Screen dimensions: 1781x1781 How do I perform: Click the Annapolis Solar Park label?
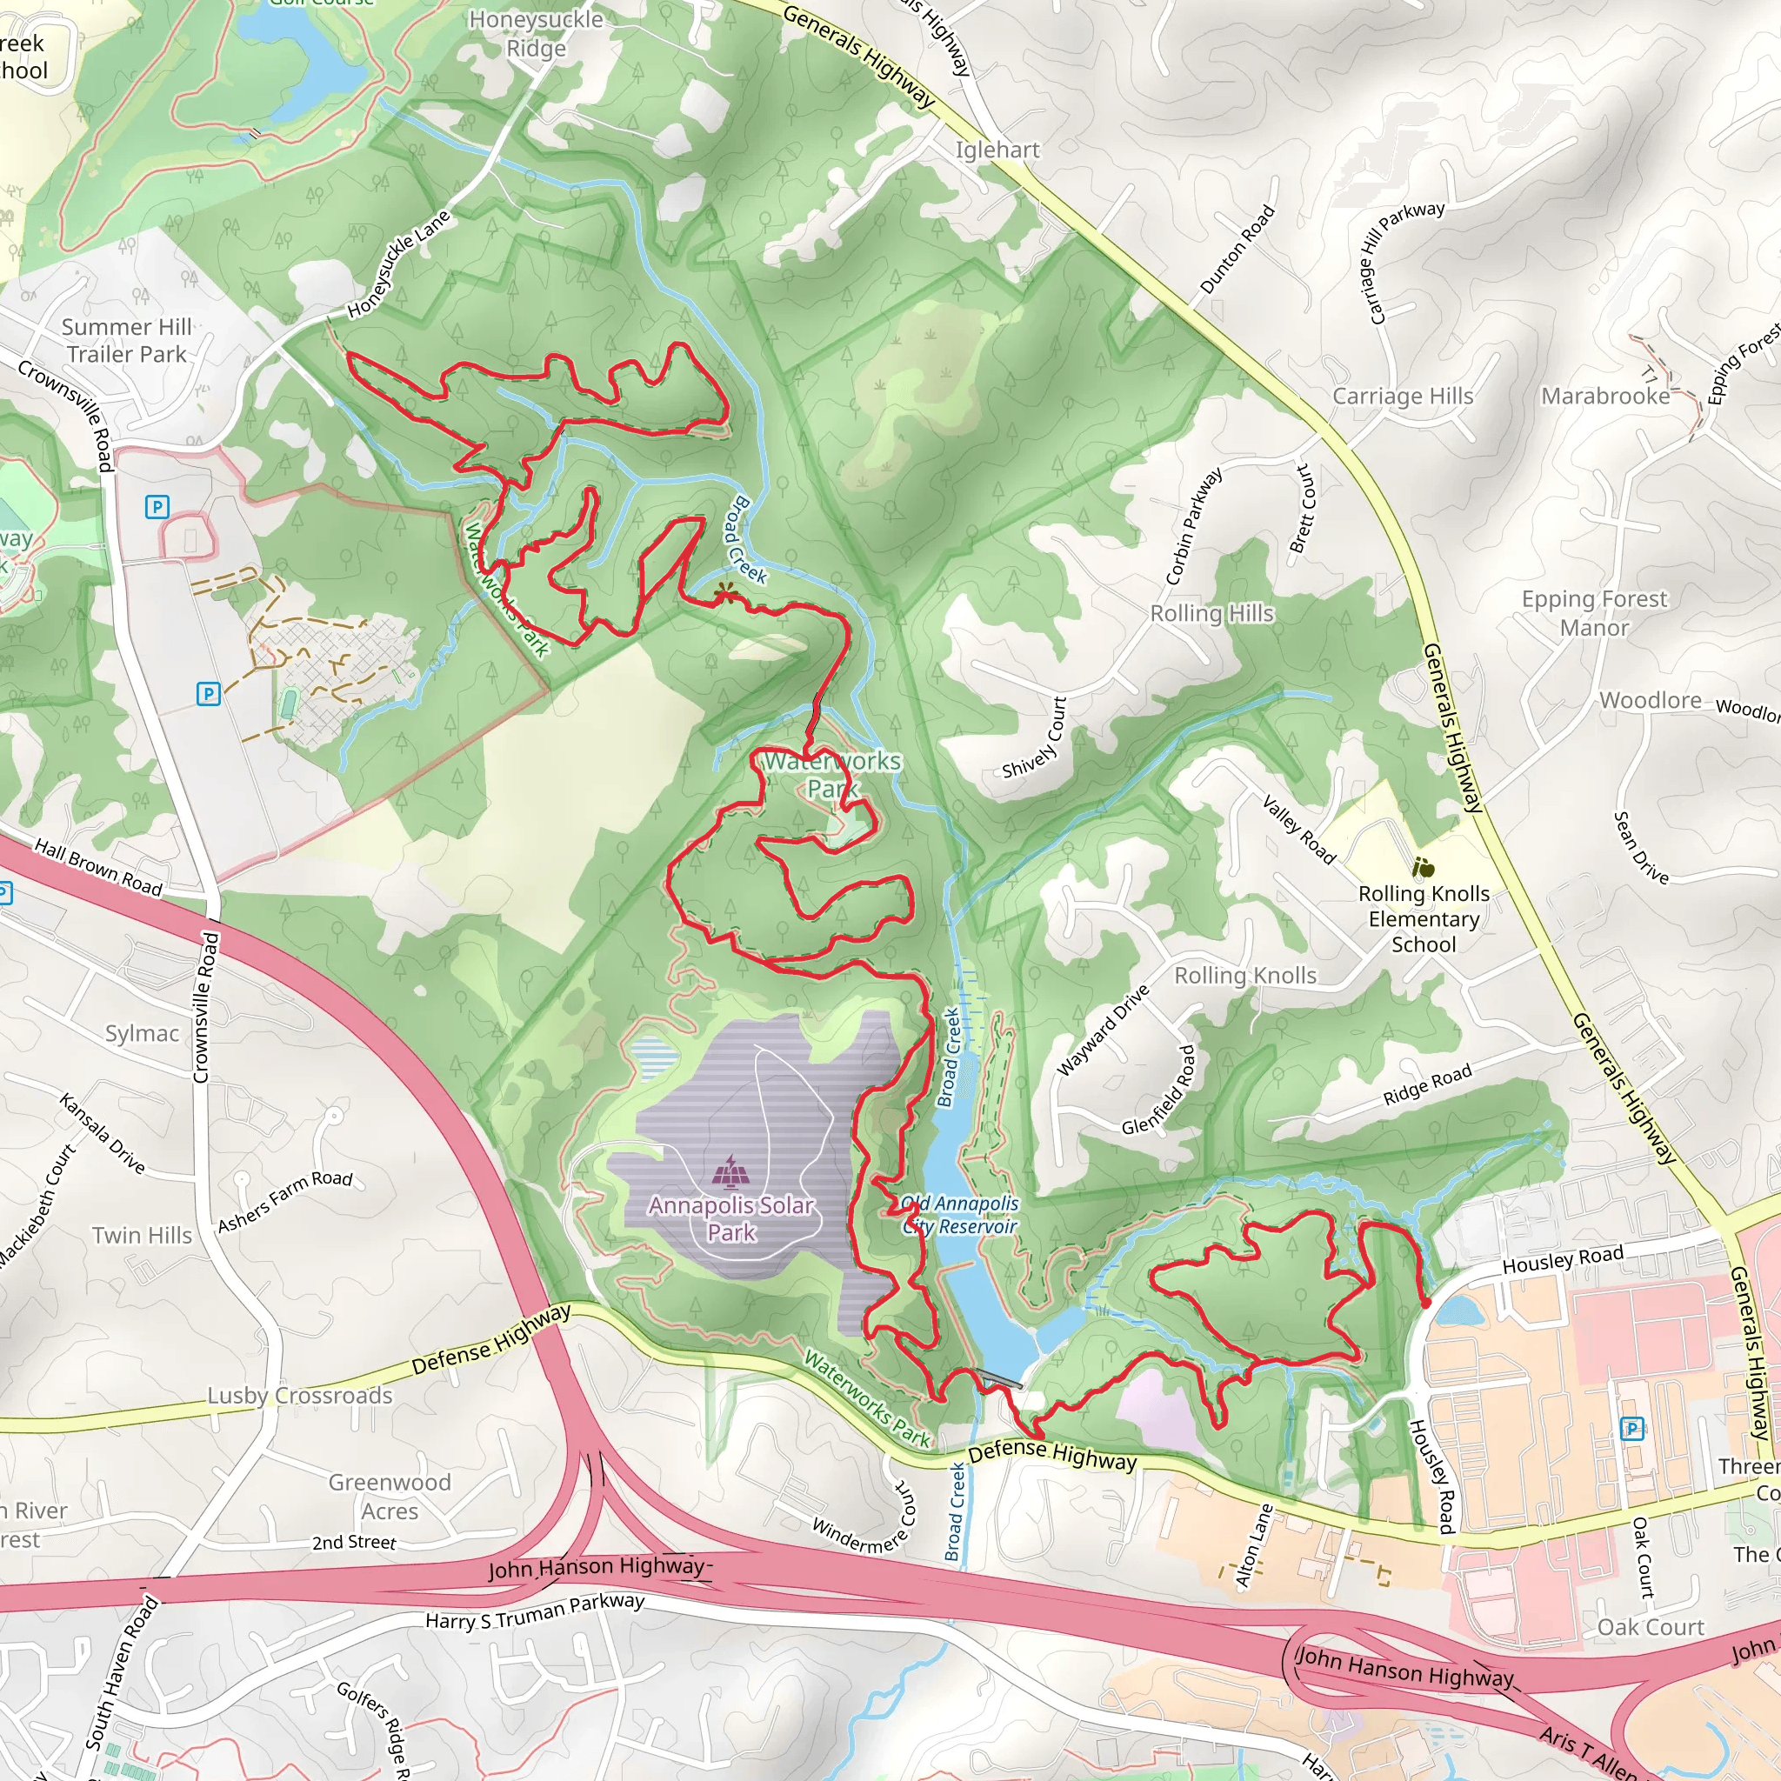click(731, 1218)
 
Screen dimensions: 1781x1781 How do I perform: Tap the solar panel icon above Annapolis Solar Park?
click(731, 1171)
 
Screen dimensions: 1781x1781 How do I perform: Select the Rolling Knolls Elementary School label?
click(1424, 919)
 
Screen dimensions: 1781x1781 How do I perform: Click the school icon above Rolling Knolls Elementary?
click(1424, 867)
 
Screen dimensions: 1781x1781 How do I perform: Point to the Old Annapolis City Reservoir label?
click(960, 1215)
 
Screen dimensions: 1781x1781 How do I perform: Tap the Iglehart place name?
click(997, 150)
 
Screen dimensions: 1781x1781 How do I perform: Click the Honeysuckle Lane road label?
click(398, 264)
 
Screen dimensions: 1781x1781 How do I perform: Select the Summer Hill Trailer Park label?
click(126, 341)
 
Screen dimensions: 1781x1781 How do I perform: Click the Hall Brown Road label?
click(97, 867)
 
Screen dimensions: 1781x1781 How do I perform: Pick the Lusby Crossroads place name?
click(300, 1396)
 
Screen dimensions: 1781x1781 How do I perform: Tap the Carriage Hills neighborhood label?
click(1402, 397)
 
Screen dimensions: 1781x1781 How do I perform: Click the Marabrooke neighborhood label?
click(1605, 397)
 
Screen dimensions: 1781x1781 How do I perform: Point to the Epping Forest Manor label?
click(1594, 613)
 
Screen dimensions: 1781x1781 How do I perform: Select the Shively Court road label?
click(1034, 737)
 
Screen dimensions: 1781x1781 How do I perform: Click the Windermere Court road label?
click(863, 1519)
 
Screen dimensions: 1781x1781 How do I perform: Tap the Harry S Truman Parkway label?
click(535, 1612)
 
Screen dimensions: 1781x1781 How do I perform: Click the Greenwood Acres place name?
click(390, 1498)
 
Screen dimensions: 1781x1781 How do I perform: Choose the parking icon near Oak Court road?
click(1631, 1429)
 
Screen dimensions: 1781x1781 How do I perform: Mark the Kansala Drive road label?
click(103, 1134)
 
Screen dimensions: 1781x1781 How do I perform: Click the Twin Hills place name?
click(142, 1235)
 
